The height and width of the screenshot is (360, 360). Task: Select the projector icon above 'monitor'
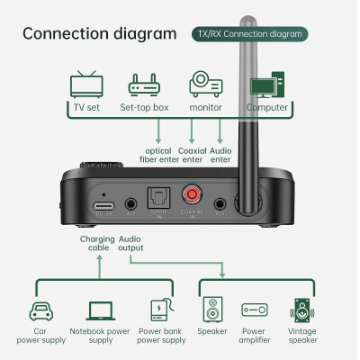[205, 85]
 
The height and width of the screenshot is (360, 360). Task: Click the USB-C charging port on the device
[103, 205]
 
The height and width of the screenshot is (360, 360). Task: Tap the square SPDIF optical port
[160, 204]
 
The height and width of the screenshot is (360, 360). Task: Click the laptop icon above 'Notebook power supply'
[100, 310]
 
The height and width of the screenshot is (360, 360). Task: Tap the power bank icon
[160, 310]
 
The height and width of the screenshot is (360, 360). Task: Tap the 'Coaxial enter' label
[193, 154]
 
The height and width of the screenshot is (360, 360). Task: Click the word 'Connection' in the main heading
[72, 34]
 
